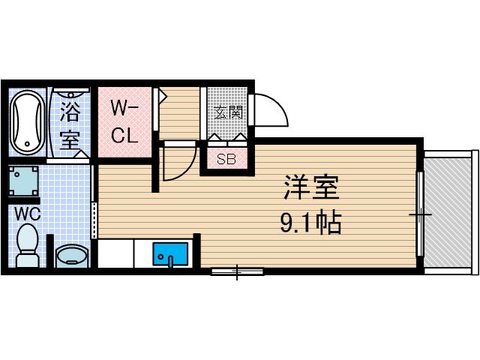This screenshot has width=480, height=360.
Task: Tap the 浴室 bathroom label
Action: pyautogui.click(x=70, y=125)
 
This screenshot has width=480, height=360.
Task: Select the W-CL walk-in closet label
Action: pyautogui.click(x=124, y=122)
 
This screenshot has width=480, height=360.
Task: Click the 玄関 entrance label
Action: pyautogui.click(x=228, y=113)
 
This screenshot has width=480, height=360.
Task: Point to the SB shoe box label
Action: pyautogui.click(x=226, y=159)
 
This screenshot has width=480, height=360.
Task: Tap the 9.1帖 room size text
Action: pyautogui.click(x=311, y=223)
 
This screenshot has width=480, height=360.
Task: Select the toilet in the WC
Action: pyautogui.click(x=28, y=247)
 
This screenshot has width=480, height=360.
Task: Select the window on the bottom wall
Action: pyautogui.click(x=237, y=271)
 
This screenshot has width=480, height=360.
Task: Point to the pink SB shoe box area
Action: pyautogui.click(x=226, y=158)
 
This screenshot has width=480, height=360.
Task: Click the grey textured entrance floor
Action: pyautogui.click(x=227, y=112)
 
